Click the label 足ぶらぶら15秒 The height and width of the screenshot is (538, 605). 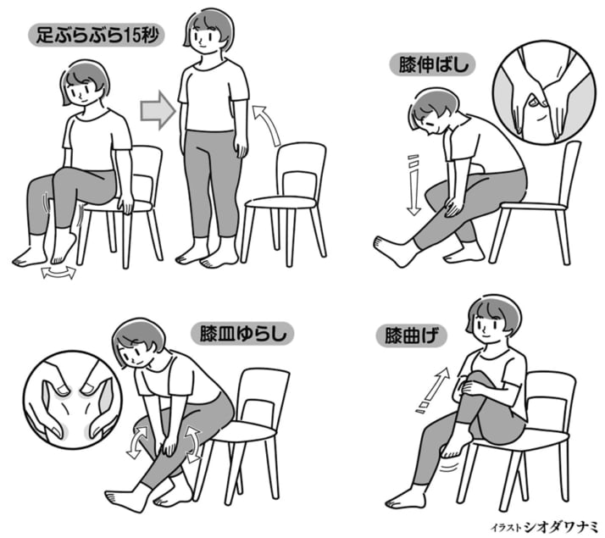point(97,36)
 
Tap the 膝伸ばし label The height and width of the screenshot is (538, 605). point(433,64)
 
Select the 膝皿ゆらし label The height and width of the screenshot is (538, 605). point(242,334)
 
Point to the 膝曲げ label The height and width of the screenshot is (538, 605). point(412,336)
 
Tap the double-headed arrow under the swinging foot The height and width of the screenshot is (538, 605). point(58,272)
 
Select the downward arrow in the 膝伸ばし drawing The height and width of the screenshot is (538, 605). point(414,185)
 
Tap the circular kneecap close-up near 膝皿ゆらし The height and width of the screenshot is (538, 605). point(73,400)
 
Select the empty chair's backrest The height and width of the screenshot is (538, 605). point(301,170)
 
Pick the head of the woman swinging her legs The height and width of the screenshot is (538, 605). point(85,84)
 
